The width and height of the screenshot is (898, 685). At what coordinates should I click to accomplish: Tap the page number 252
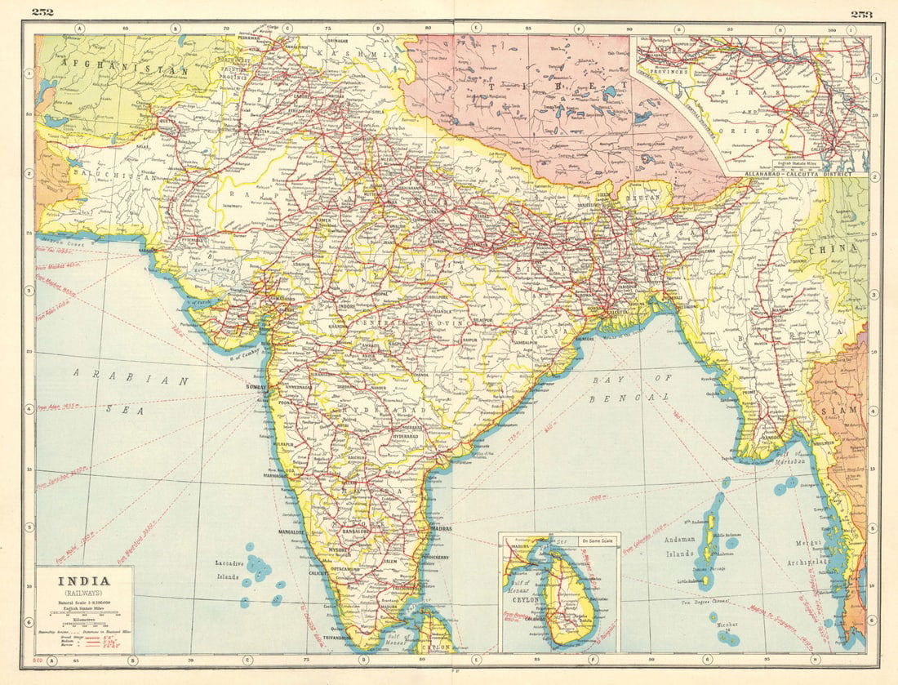tap(42, 11)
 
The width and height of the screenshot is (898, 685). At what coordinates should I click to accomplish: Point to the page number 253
tap(861, 12)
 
